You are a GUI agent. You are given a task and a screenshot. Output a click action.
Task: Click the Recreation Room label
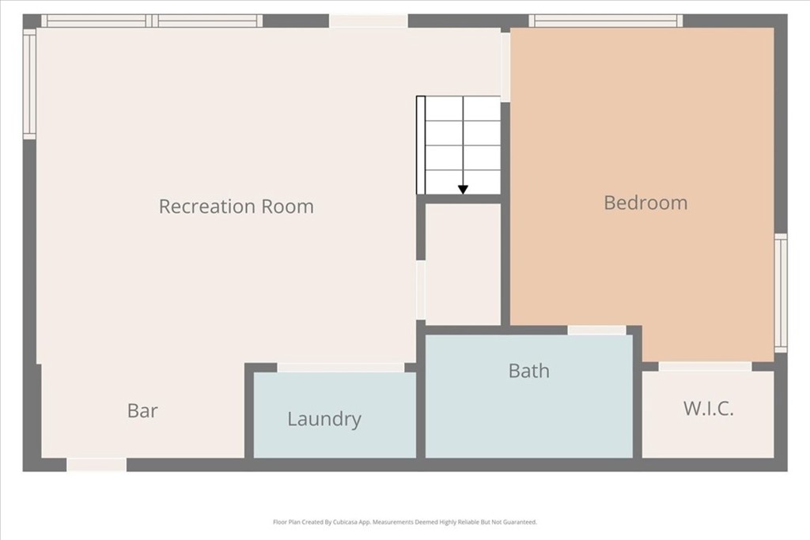236,206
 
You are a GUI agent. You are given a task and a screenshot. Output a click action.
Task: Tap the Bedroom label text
645,202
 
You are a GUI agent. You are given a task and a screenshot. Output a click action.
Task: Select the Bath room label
529,371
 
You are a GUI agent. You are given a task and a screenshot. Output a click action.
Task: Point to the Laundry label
324,419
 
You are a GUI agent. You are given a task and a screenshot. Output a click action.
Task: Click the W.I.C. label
708,408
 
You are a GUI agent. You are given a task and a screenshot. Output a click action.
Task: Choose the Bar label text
142,410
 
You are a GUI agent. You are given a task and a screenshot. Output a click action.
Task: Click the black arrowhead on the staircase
463,190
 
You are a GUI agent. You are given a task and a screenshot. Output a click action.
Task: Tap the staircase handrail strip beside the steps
421,145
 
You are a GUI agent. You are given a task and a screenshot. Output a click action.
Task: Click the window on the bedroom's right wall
781,293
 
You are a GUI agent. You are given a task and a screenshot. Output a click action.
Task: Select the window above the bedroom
605,21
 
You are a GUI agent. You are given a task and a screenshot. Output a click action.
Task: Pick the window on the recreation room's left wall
29,84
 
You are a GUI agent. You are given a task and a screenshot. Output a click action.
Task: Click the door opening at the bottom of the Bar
97,465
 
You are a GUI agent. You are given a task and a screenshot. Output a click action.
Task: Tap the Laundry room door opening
341,368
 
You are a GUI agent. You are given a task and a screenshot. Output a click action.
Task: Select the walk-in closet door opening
705,366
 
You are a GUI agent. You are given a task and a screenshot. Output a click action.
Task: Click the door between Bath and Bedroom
596,330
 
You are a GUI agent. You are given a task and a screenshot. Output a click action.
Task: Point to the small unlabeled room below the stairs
463,264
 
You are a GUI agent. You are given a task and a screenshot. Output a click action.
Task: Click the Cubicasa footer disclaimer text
405,522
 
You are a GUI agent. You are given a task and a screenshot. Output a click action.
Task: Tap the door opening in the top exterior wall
369,21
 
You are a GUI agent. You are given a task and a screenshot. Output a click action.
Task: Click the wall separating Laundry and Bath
421,392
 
